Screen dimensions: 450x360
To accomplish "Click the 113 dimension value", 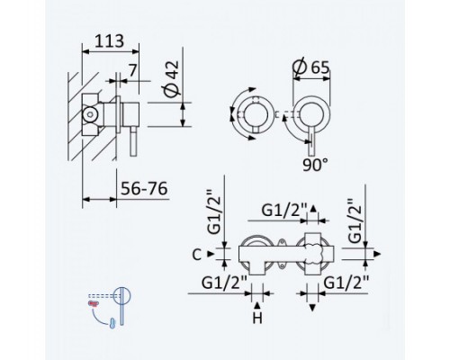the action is [109, 41].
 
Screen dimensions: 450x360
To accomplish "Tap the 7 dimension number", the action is [132, 71].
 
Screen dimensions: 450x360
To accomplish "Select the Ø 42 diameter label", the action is [171, 79].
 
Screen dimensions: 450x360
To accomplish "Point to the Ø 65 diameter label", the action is [311, 67].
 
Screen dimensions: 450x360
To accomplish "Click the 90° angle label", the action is [315, 165].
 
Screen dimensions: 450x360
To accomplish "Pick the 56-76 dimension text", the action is [144, 189].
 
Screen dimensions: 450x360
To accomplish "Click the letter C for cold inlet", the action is [196, 255].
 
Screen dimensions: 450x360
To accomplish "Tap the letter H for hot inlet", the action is [257, 318].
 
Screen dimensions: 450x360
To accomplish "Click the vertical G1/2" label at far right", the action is [355, 220].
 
